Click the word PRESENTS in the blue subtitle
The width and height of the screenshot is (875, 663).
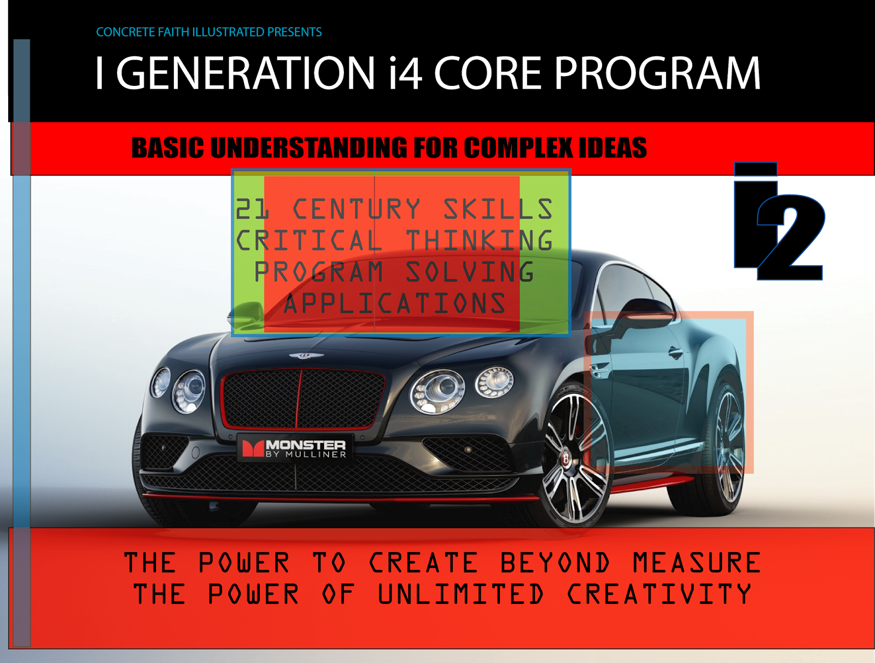tap(294, 32)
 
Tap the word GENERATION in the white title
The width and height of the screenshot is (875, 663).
tap(245, 73)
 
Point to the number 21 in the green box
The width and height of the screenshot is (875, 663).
tap(252, 209)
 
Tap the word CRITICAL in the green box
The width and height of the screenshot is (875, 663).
tap(308, 240)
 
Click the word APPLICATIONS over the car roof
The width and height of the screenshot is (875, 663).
tap(395, 303)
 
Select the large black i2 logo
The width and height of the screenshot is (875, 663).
tap(779, 222)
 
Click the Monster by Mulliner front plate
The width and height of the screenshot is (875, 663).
tap(295, 448)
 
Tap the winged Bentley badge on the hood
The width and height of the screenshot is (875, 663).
tap(306, 356)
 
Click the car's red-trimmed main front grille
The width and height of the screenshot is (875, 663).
tap(303, 399)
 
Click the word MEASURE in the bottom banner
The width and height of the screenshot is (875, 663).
tap(697, 562)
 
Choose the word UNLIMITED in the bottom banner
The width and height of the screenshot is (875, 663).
tap(460, 594)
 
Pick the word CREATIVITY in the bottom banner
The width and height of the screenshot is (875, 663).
tap(659, 594)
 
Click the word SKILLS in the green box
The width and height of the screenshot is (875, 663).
tap(498, 209)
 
